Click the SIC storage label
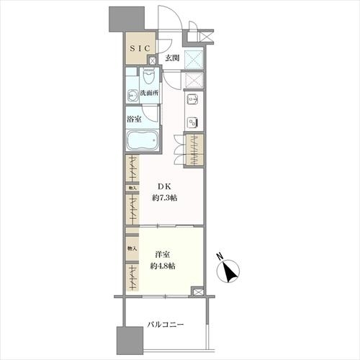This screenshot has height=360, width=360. (x=140, y=48)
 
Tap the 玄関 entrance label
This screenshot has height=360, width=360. (x=172, y=58)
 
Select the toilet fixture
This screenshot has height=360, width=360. (x=149, y=76)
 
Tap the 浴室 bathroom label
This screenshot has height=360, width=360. (x=134, y=118)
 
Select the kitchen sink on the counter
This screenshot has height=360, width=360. (x=194, y=101)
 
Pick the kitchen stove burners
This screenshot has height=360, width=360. (x=194, y=121)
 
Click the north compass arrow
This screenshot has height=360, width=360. (x=230, y=273)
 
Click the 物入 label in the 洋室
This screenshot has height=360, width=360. (x=131, y=248)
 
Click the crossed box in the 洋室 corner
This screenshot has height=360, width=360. (x=197, y=292)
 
